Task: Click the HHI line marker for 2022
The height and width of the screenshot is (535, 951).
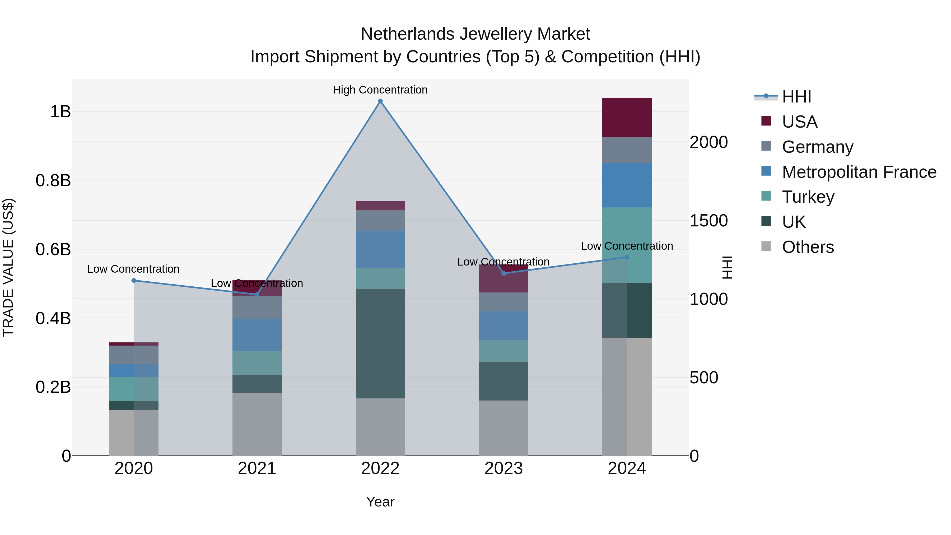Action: pyautogui.click(x=380, y=101)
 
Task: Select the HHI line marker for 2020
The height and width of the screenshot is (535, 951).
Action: pyautogui.click(x=134, y=281)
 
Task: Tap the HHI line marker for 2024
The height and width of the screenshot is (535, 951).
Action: pyautogui.click(x=627, y=257)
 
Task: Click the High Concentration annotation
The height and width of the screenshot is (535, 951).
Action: pyautogui.click(x=380, y=90)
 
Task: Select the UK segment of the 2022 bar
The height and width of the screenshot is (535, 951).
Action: pyautogui.click(x=380, y=343)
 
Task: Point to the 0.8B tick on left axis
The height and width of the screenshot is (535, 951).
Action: pyautogui.click(x=53, y=180)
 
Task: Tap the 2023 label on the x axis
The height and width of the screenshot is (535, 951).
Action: pyautogui.click(x=504, y=468)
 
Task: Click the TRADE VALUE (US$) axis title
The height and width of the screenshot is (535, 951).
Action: pyautogui.click(x=8, y=267)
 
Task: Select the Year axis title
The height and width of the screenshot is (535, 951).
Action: pyautogui.click(x=380, y=502)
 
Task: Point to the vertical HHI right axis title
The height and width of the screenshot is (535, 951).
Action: pyautogui.click(x=727, y=267)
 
